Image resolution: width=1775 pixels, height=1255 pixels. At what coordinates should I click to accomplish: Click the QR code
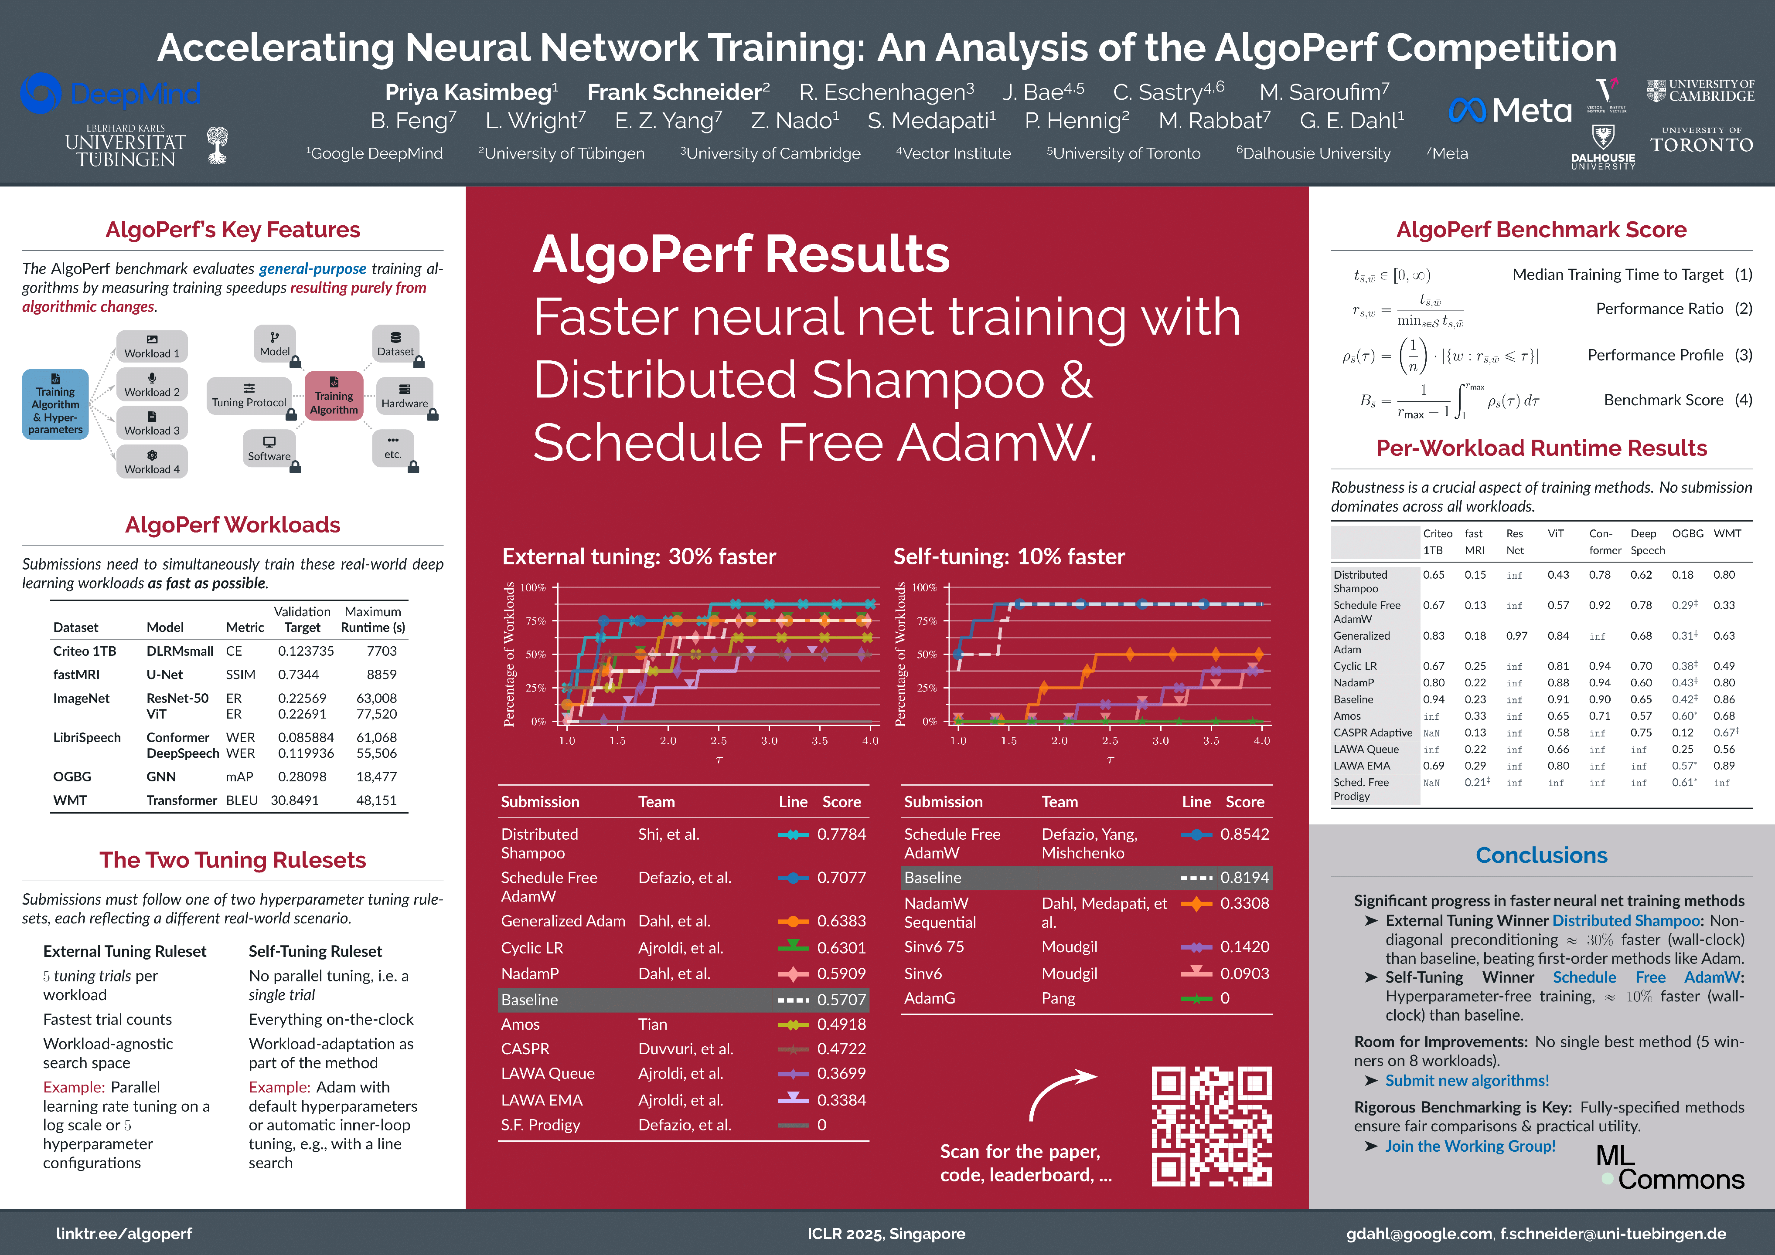[x=1211, y=1126]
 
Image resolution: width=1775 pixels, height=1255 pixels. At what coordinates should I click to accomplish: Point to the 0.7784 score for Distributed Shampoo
[x=841, y=834]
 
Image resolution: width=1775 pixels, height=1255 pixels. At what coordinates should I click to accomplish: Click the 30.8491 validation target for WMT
[x=295, y=800]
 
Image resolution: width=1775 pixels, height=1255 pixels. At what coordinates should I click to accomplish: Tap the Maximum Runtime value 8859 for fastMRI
[x=381, y=674]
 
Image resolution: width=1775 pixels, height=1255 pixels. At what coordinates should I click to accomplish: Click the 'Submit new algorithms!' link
[x=1467, y=1080]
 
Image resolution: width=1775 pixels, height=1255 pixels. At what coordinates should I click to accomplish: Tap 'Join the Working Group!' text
[x=1470, y=1146]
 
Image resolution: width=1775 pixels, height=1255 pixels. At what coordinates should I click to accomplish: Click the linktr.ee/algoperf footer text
[x=124, y=1233]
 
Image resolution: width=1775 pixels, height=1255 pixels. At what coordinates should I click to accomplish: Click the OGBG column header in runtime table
[x=1688, y=533]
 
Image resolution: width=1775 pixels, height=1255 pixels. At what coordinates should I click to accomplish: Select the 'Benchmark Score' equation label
[x=1663, y=400]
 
